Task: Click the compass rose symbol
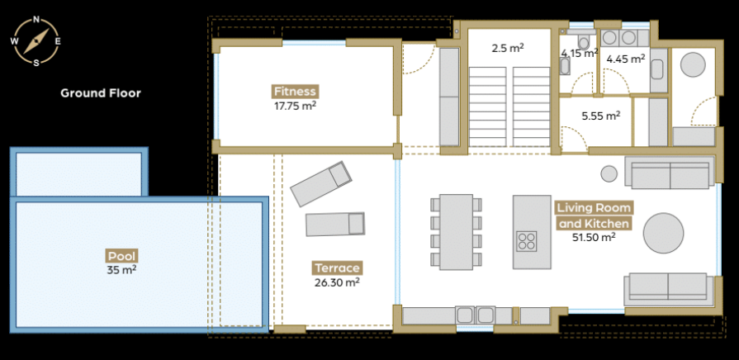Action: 36,41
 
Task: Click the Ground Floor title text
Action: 101,93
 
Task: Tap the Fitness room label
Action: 295,91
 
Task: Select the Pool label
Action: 122,256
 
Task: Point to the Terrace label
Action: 337,268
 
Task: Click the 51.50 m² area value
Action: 594,237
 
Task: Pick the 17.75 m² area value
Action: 295,106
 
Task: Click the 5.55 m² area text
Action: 601,116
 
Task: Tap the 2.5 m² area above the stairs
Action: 508,48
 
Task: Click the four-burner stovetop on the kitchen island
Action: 527,241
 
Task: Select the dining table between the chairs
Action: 457,232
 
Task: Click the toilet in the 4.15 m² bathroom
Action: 584,43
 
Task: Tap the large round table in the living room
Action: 663,233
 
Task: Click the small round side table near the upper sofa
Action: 609,173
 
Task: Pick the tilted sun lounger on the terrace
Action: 321,184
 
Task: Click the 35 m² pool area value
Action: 121,271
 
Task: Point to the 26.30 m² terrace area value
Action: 337,282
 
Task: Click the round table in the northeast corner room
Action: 693,64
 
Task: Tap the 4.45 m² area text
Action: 625,59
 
